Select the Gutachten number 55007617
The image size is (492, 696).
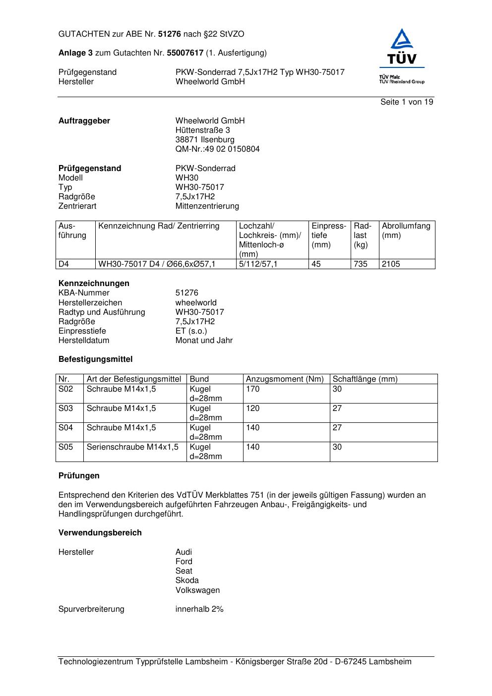[x=185, y=53]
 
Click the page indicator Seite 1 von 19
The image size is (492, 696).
[x=406, y=102]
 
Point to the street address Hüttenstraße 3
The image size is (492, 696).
[x=202, y=130]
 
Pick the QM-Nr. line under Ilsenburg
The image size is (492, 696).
[x=217, y=149]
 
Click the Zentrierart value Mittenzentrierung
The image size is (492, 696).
[x=207, y=206]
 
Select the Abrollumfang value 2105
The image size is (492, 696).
[x=391, y=264]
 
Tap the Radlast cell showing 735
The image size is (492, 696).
[x=361, y=264]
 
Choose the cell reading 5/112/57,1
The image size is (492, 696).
[x=258, y=264]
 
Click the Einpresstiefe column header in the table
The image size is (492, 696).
[x=329, y=235]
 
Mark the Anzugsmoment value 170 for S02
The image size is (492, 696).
[x=253, y=389]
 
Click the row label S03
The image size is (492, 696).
[x=65, y=408]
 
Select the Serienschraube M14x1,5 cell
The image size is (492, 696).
[x=132, y=447]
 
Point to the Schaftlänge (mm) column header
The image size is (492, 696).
[x=365, y=379]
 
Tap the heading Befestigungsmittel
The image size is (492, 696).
[x=95, y=359]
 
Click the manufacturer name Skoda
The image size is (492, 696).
[x=187, y=580]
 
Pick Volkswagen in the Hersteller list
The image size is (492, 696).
[x=197, y=590]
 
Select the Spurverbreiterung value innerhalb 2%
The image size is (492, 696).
[x=199, y=609]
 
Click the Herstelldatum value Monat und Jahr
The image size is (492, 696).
[x=204, y=341]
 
